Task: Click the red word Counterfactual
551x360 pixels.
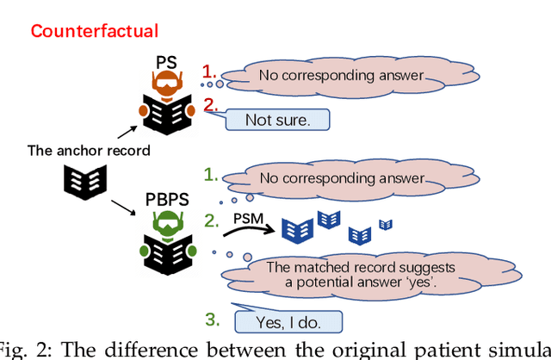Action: click(x=95, y=32)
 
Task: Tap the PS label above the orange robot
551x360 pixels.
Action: click(x=166, y=63)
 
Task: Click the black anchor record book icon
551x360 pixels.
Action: click(x=84, y=180)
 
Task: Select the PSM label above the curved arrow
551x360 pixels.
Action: click(x=248, y=219)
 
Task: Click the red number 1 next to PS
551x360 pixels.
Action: click(x=207, y=71)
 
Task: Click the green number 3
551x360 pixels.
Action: click(x=210, y=319)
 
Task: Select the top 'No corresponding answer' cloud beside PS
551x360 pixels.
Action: click(x=342, y=76)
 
